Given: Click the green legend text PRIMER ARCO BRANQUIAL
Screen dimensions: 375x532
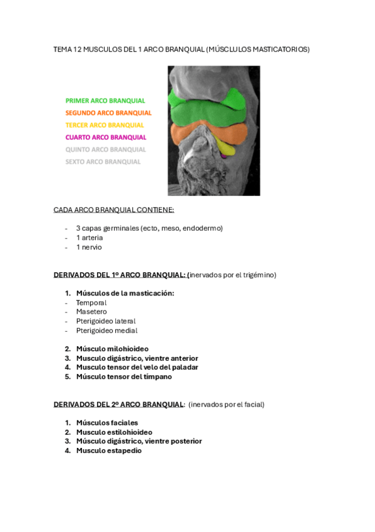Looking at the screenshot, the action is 105,100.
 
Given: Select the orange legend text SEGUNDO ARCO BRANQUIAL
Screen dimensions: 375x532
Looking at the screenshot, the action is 108,113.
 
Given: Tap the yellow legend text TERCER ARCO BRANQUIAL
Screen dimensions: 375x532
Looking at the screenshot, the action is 105,125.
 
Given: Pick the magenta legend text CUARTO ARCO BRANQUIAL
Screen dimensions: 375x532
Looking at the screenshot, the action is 106,137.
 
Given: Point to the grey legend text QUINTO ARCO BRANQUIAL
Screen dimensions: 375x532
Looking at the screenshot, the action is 106,149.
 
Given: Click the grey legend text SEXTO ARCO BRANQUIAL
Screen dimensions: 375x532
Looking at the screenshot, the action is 103,161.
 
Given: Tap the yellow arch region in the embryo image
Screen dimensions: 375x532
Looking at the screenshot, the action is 229,148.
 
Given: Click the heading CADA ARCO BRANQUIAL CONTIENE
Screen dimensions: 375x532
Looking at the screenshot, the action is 114,210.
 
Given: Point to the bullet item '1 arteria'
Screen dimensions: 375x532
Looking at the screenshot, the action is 90,238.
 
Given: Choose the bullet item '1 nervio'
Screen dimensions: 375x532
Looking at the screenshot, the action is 89,247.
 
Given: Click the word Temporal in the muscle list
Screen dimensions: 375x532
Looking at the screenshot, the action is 91,302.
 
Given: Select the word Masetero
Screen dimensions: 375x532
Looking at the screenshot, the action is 91,312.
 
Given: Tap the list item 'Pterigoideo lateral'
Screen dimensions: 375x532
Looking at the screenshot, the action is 106,321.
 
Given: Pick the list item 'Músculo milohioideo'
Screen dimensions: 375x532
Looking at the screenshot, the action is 112,349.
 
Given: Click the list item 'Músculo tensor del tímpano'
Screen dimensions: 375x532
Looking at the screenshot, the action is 124,376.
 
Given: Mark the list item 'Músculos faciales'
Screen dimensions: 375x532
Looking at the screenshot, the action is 107,423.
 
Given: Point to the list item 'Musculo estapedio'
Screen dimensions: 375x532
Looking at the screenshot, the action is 109,450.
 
